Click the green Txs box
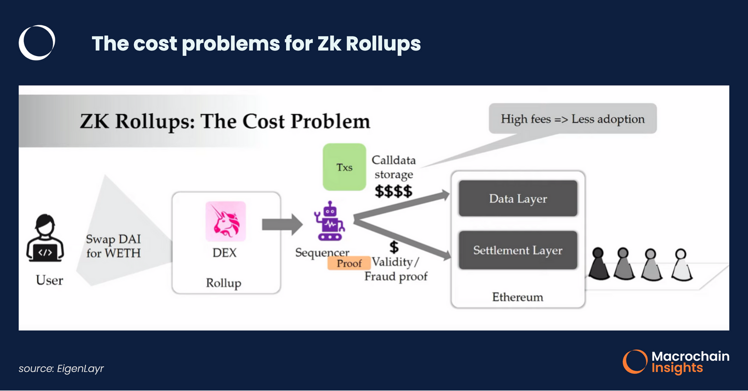click(344, 167)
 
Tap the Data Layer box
click(518, 198)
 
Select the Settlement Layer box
click(518, 250)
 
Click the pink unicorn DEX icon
click(225, 221)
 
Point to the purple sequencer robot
click(330, 222)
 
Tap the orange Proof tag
click(349, 263)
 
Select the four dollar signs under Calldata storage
click(393, 191)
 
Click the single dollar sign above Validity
click(394, 246)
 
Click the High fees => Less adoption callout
click(572, 119)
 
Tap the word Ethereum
click(518, 297)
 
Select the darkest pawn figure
click(598, 264)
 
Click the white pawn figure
click(681, 265)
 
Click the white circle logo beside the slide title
click(37, 43)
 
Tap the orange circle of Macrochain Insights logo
click(635, 362)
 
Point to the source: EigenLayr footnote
click(61, 369)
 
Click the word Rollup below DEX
click(223, 283)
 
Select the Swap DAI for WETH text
click(113, 246)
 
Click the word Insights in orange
click(677, 368)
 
